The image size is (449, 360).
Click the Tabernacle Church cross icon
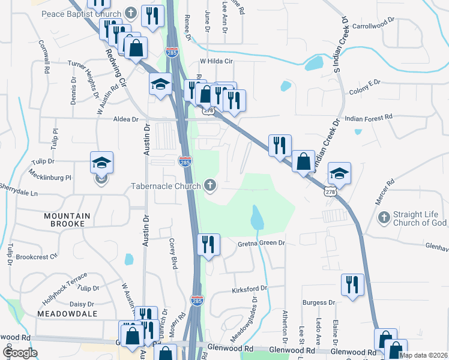click(210, 186)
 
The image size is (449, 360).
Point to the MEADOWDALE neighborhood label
click(67, 313)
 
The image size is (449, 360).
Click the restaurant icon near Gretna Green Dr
click(209, 245)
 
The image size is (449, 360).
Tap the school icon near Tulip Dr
click(101, 163)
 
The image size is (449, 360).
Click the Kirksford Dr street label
click(249, 290)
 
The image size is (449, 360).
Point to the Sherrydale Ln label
click(19, 194)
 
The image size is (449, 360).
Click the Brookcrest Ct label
click(36, 256)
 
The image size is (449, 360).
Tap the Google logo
click(20, 353)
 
